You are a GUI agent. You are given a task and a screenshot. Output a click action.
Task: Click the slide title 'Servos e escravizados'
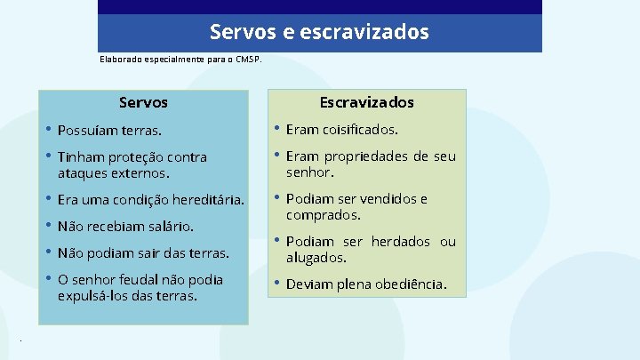(319, 33)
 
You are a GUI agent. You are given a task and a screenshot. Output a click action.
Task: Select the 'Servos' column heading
(143, 103)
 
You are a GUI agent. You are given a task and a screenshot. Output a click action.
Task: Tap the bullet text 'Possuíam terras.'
(109, 131)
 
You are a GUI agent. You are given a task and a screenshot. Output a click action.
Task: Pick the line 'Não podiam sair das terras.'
(143, 253)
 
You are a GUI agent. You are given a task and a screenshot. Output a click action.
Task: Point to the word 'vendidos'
(384, 199)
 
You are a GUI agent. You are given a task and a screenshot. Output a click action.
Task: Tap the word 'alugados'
(316, 258)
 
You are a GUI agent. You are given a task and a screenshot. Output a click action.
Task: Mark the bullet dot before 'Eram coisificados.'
(276, 129)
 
